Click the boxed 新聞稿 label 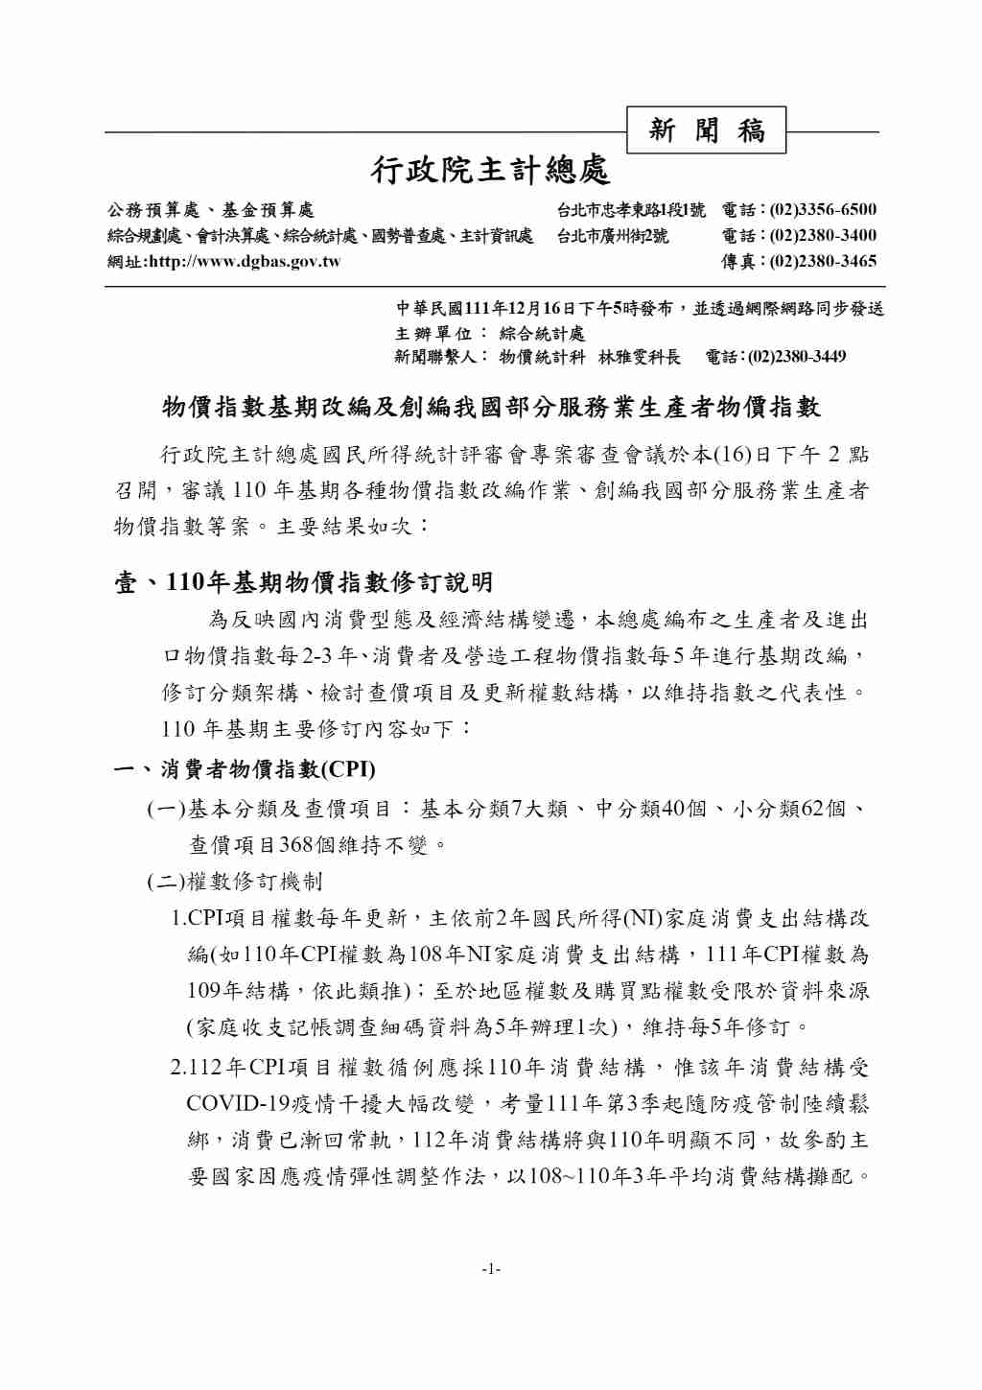706,130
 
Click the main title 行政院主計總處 491,171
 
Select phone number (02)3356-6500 823,210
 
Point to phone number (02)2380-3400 823,235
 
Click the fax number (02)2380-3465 823,261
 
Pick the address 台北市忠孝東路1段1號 631,210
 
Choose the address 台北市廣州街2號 613,235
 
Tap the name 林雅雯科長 639,357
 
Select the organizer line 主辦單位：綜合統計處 490,333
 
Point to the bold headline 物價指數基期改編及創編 491,407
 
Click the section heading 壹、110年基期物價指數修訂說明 304,582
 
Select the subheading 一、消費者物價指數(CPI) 245,769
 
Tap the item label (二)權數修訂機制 235,882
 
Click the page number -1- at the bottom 491,1269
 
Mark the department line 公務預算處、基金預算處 210,210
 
